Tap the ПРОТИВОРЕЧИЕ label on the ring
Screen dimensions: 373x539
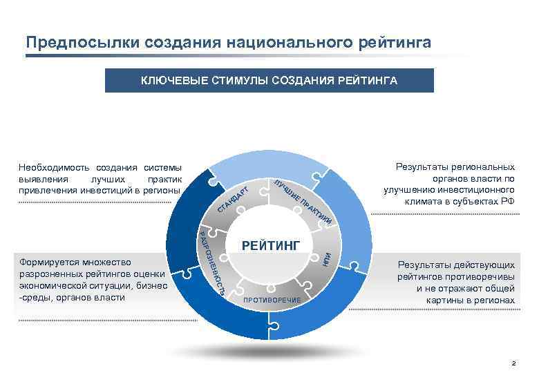[272, 300]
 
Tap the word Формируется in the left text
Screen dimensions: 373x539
[50, 262]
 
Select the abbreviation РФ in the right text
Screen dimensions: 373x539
[508, 201]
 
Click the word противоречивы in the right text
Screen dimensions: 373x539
[482, 277]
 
